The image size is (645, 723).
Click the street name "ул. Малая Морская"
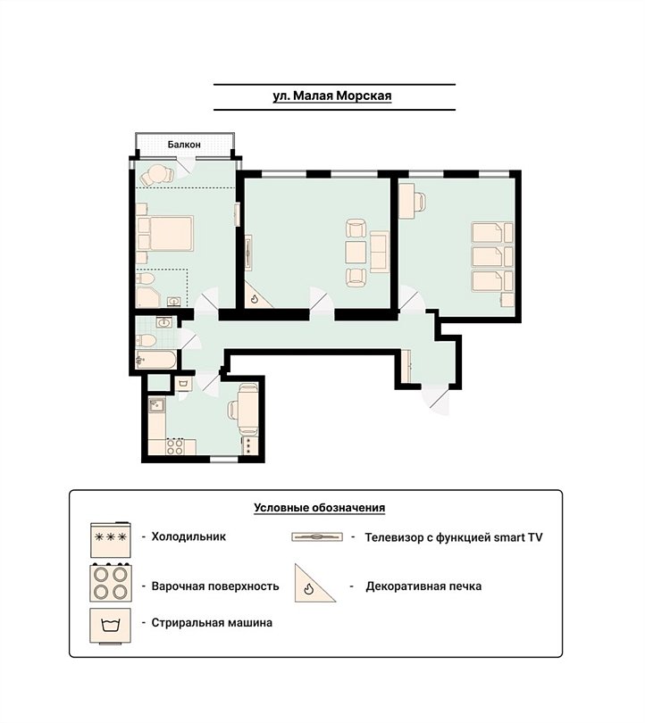coord(332,96)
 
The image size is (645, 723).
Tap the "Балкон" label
coord(184,145)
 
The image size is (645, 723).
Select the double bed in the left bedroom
coord(171,234)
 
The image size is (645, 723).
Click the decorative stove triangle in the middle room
coord(256,296)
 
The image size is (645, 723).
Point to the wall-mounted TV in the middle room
coord(248,251)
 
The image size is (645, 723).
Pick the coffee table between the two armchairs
coord(356,252)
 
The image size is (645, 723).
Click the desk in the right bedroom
coord(407,201)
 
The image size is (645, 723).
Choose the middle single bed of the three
coord(487,256)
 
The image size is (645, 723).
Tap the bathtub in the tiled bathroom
coord(156,360)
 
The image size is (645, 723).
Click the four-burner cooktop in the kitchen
coord(175,446)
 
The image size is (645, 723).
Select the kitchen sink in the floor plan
coord(157,405)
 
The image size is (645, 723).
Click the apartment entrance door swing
coord(437,399)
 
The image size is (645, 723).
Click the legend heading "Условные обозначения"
coord(319,508)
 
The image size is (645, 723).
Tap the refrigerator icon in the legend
coord(111,539)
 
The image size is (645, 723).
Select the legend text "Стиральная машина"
coord(212,622)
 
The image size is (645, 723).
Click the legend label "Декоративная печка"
coord(423,586)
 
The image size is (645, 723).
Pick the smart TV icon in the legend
coord(317,536)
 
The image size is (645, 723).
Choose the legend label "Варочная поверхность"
coord(215,586)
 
